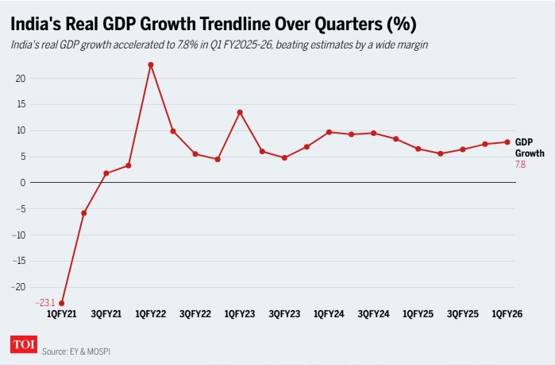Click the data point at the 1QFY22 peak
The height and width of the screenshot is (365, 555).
tap(151, 64)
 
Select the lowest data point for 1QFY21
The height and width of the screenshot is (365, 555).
tap(62, 303)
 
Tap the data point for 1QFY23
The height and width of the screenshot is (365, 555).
tap(240, 112)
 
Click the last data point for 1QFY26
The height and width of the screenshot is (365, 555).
tap(507, 142)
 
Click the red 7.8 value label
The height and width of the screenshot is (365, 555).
tap(521, 164)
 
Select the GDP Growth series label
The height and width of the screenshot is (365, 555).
tap(524, 147)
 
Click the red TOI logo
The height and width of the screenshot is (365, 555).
tap(22, 345)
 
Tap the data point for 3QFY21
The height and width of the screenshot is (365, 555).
tap(106, 173)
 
